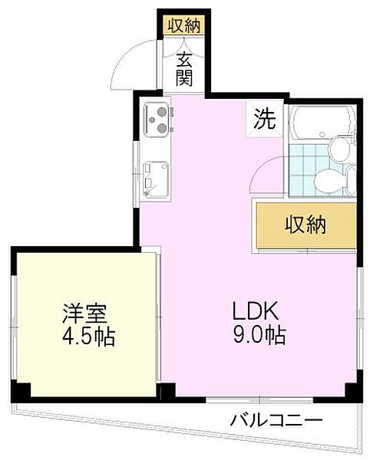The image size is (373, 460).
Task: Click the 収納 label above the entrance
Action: tap(183, 25)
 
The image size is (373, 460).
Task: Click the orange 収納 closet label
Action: tap(305, 225)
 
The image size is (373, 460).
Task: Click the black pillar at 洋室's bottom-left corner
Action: tap(24, 390)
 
